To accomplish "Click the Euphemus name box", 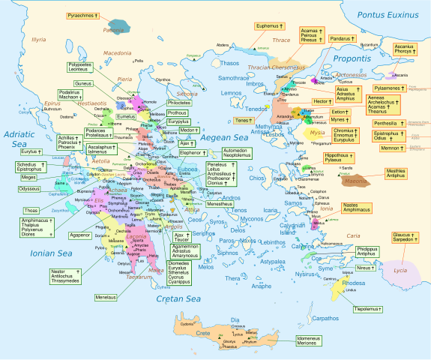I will [269, 26].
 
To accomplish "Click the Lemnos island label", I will [232, 93].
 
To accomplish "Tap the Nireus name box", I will [365, 268].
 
